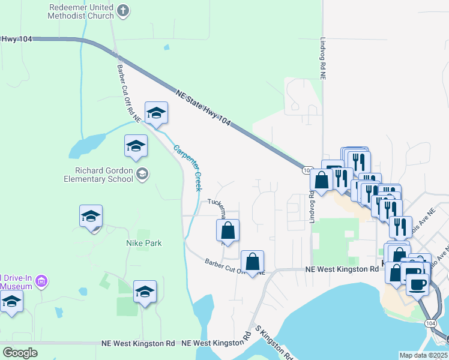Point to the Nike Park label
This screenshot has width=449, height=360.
point(144,243)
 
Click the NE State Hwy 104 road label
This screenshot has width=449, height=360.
point(203,107)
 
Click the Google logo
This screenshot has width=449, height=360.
point(20,353)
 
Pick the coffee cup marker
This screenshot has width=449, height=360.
point(417,283)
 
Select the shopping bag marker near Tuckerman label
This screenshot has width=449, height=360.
point(228,230)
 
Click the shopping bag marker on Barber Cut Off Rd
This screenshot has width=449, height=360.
point(253,261)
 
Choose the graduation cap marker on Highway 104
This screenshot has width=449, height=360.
point(156,113)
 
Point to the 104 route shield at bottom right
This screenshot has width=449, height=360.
point(433,323)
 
